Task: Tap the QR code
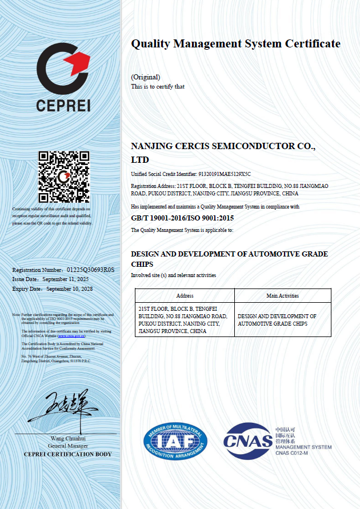(x=63, y=177)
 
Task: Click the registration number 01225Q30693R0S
(x=91, y=270)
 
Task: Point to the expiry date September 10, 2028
(x=69, y=289)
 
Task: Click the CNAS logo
(x=248, y=440)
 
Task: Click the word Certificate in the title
(x=313, y=44)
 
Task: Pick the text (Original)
(x=145, y=77)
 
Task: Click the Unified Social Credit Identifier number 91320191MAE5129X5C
(x=224, y=174)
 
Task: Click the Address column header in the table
(x=185, y=296)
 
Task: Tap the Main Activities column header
(x=282, y=296)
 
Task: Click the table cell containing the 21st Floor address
(x=185, y=320)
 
